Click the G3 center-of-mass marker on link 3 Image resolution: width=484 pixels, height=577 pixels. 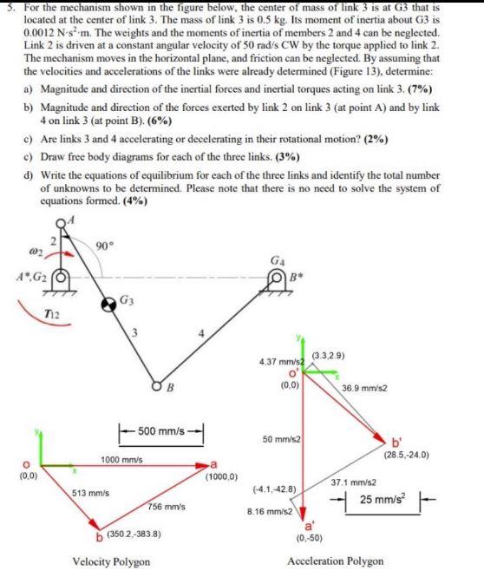(x=109, y=305)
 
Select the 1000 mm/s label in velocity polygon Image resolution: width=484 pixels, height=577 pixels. (x=122, y=459)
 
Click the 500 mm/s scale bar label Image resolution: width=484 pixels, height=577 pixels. (x=162, y=430)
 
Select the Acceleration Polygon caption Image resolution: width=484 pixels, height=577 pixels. (x=335, y=561)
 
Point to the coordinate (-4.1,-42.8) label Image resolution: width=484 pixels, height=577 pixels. (x=273, y=490)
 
